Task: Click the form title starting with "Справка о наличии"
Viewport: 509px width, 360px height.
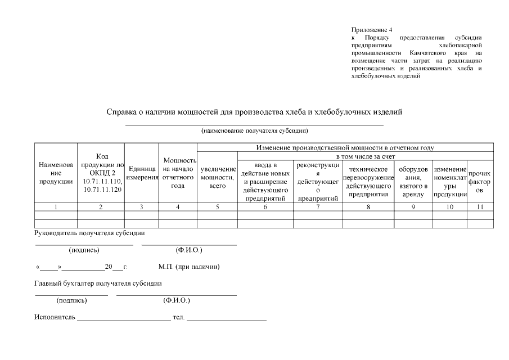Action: pyautogui.click(x=254, y=112)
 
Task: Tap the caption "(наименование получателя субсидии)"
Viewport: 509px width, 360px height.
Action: pyautogui.click(x=254, y=130)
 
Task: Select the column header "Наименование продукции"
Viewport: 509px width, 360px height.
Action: pyautogui.click(x=56, y=173)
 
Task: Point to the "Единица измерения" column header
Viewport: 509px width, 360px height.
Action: pyautogui.click(x=141, y=173)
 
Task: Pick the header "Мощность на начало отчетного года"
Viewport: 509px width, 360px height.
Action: pyautogui.click(x=178, y=173)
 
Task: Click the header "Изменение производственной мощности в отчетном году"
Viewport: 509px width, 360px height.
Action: pyautogui.click(x=345, y=147)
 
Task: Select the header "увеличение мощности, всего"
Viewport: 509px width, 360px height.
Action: pyautogui.click(x=217, y=177)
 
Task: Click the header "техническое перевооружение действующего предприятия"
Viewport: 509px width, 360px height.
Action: pyautogui.click(x=368, y=181)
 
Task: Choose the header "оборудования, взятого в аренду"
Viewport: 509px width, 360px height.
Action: pyautogui.click(x=413, y=181)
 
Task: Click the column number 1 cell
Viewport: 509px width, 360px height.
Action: pyautogui.click(x=56, y=207)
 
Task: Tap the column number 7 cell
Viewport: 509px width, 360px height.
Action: pyautogui.click(x=318, y=207)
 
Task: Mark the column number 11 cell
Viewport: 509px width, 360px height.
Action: pyautogui.click(x=480, y=207)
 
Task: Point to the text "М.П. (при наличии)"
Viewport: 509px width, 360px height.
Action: pyautogui.click(x=189, y=267)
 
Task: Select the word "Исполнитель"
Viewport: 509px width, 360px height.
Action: pyautogui.click(x=55, y=317)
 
